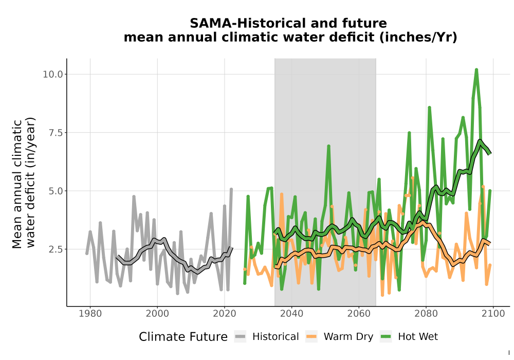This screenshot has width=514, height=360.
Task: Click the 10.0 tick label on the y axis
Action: point(52,75)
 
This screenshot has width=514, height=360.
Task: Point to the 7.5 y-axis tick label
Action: point(56,133)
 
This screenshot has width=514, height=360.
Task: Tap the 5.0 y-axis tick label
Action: point(56,191)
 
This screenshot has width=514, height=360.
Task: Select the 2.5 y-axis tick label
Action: point(56,249)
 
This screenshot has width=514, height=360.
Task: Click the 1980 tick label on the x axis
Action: point(90,314)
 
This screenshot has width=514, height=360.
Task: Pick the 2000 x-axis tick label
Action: point(157,314)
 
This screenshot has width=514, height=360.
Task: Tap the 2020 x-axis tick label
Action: point(225,314)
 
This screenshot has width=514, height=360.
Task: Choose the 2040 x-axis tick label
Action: point(292,314)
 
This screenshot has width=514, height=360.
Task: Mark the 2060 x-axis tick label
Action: point(359,314)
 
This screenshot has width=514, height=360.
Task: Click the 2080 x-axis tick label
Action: point(426,314)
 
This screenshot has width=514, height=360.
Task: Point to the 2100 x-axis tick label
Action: point(493,314)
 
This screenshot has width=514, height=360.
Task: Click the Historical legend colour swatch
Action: point(240,336)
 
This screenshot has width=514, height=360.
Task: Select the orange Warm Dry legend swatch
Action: point(311,336)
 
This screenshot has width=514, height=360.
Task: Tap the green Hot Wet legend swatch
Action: point(386,336)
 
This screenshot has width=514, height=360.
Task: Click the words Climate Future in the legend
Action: point(183,337)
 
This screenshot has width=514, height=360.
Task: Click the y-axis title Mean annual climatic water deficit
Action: point(23,183)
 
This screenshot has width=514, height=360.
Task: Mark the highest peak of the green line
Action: point(476,69)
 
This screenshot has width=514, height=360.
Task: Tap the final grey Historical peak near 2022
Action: point(231,189)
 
